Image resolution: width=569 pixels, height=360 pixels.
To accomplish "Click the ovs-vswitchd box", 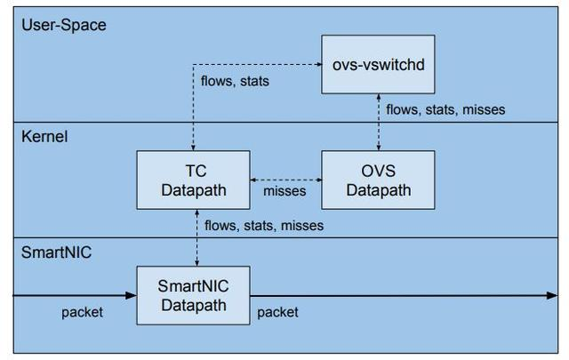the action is (378, 64).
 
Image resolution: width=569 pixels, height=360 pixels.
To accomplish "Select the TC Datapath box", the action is (194, 180).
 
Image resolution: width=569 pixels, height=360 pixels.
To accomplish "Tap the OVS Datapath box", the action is (378, 180).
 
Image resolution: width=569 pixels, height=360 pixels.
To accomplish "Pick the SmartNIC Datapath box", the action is (194, 295).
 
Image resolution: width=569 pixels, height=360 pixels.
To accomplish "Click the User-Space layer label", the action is (64, 25).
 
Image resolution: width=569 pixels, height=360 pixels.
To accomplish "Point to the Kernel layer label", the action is (44, 137).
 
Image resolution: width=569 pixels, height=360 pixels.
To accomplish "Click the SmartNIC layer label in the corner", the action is (56, 252).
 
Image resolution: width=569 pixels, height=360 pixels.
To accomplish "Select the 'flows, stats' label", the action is (235, 81).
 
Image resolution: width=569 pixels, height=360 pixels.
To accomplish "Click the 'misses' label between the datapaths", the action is (284, 191).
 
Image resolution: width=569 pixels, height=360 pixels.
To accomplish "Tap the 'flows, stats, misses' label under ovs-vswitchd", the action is (445, 109).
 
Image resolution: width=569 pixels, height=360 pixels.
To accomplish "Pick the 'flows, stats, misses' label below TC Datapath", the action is (264, 226).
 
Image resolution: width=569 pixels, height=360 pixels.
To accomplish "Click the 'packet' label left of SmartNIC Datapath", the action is (82, 312).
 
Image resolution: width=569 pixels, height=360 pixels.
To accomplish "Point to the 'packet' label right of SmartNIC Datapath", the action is (277, 312).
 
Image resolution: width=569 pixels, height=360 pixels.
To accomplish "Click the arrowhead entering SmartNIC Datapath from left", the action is (132, 295).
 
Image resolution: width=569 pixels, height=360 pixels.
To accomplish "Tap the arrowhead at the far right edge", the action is (552, 295).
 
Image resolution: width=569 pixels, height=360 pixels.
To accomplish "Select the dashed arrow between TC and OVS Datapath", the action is (286, 180).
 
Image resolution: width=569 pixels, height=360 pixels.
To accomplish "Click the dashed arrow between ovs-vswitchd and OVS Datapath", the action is (379, 122).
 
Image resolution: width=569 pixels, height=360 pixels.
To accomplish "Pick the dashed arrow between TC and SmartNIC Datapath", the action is (196, 237).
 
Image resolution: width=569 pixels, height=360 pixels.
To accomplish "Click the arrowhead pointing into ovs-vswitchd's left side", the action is (319, 64).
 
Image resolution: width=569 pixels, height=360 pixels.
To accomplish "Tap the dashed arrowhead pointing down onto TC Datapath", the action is (193, 148).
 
